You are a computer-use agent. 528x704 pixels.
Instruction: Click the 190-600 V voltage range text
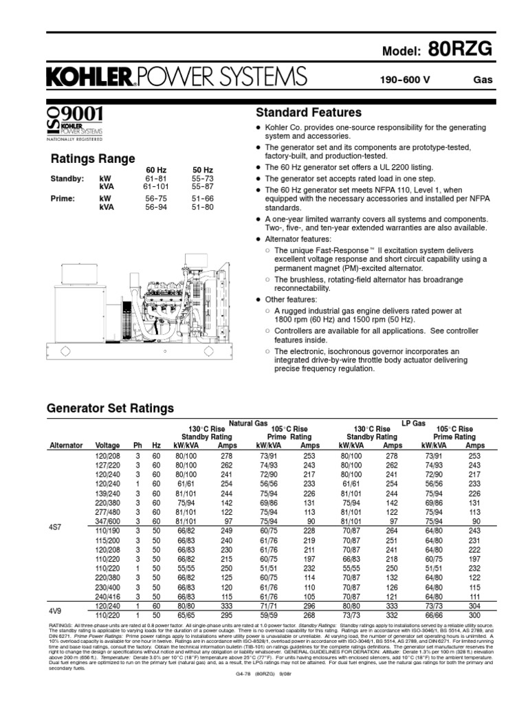click(x=405, y=79)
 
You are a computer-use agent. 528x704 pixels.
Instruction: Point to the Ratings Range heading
click(x=93, y=159)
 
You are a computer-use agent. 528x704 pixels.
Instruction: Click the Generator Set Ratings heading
click(x=110, y=408)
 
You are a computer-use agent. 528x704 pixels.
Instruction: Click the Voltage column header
click(x=107, y=445)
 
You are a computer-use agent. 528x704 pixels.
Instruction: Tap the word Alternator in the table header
click(x=66, y=445)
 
